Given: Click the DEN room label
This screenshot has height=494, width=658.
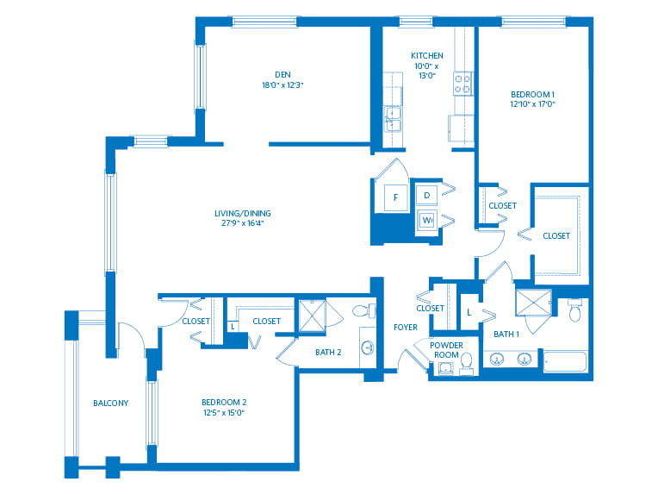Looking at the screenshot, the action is [282, 75].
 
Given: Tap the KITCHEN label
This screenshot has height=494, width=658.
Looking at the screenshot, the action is [427, 55].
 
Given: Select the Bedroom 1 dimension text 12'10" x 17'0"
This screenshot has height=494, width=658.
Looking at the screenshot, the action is [532, 104].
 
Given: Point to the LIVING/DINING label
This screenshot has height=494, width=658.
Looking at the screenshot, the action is [243, 214].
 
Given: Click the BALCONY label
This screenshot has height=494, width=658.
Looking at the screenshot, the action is [110, 403].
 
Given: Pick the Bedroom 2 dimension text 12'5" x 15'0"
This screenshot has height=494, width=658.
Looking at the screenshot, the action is [224, 412].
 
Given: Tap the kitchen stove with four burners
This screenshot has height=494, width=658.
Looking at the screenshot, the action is [462, 84].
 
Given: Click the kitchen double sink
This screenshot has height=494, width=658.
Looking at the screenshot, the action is [393, 119].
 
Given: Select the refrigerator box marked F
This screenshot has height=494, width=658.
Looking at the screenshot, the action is [395, 197].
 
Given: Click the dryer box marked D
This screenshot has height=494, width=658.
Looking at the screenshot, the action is [427, 196].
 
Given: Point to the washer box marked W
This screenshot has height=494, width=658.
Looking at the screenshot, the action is [427, 220].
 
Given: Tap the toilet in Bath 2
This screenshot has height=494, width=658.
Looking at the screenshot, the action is [363, 311].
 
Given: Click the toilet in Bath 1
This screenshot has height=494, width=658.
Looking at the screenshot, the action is [575, 310].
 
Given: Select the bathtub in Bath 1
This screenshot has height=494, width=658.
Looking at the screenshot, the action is [565, 362].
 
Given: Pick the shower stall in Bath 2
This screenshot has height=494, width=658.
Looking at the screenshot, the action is [312, 316].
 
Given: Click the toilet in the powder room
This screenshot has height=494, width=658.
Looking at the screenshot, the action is [466, 364].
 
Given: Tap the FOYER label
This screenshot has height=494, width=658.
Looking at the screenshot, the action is [406, 328].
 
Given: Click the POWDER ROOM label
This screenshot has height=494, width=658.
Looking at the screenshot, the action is [446, 350].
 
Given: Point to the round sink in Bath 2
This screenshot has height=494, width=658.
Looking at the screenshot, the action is [368, 347].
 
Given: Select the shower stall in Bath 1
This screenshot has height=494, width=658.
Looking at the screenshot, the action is [533, 302].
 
